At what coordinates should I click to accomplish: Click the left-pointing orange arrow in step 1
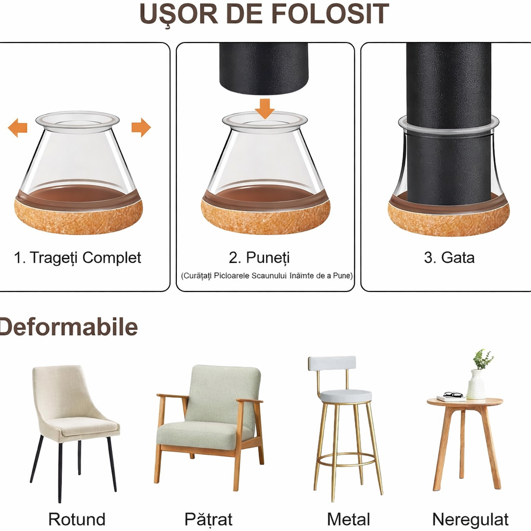[x=18, y=127]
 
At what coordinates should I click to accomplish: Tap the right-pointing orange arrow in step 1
[x=141, y=127]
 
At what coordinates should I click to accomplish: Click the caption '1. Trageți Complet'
[x=78, y=258]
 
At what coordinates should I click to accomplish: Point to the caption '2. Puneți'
[x=259, y=258]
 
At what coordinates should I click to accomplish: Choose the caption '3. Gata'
[x=449, y=258]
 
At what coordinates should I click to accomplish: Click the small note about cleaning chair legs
[x=267, y=276]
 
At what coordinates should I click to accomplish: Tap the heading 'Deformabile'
[x=68, y=327]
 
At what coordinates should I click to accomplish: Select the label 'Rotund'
[x=77, y=519]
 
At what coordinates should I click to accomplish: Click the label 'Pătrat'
[x=208, y=519]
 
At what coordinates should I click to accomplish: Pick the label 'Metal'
[x=348, y=519]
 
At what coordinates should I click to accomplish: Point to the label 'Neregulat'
[x=470, y=519]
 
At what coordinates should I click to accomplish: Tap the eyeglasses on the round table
[x=452, y=395]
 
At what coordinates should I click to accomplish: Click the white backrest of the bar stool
[x=332, y=363]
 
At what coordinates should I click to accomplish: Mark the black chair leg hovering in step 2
[x=263, y=69]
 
